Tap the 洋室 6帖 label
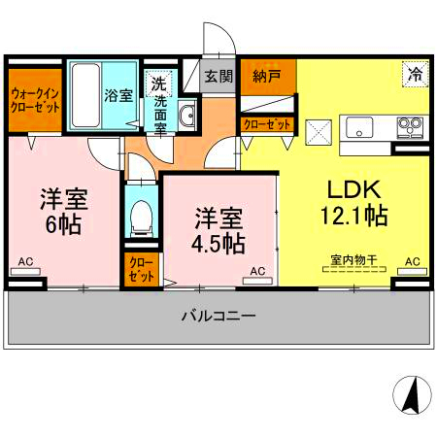tap(63, 210)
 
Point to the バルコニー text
tap(218, 316)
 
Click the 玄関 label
tap(218, 76)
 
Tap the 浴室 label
tap(118, 97)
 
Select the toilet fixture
tap(141, 216)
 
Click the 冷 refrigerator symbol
tap(415, 73)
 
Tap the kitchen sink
tap(358, 127)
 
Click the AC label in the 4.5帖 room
tap(257, 271)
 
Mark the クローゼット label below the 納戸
tap(266, 123)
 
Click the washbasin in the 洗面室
tap(186, 116)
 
